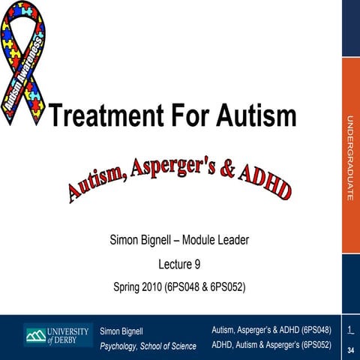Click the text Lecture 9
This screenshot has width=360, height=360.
179,263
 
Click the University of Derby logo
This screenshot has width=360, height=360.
57,335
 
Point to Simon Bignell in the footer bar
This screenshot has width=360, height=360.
121,331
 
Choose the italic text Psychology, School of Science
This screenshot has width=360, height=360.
148,346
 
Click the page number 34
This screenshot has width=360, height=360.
350,350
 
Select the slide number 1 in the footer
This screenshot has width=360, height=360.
350,330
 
